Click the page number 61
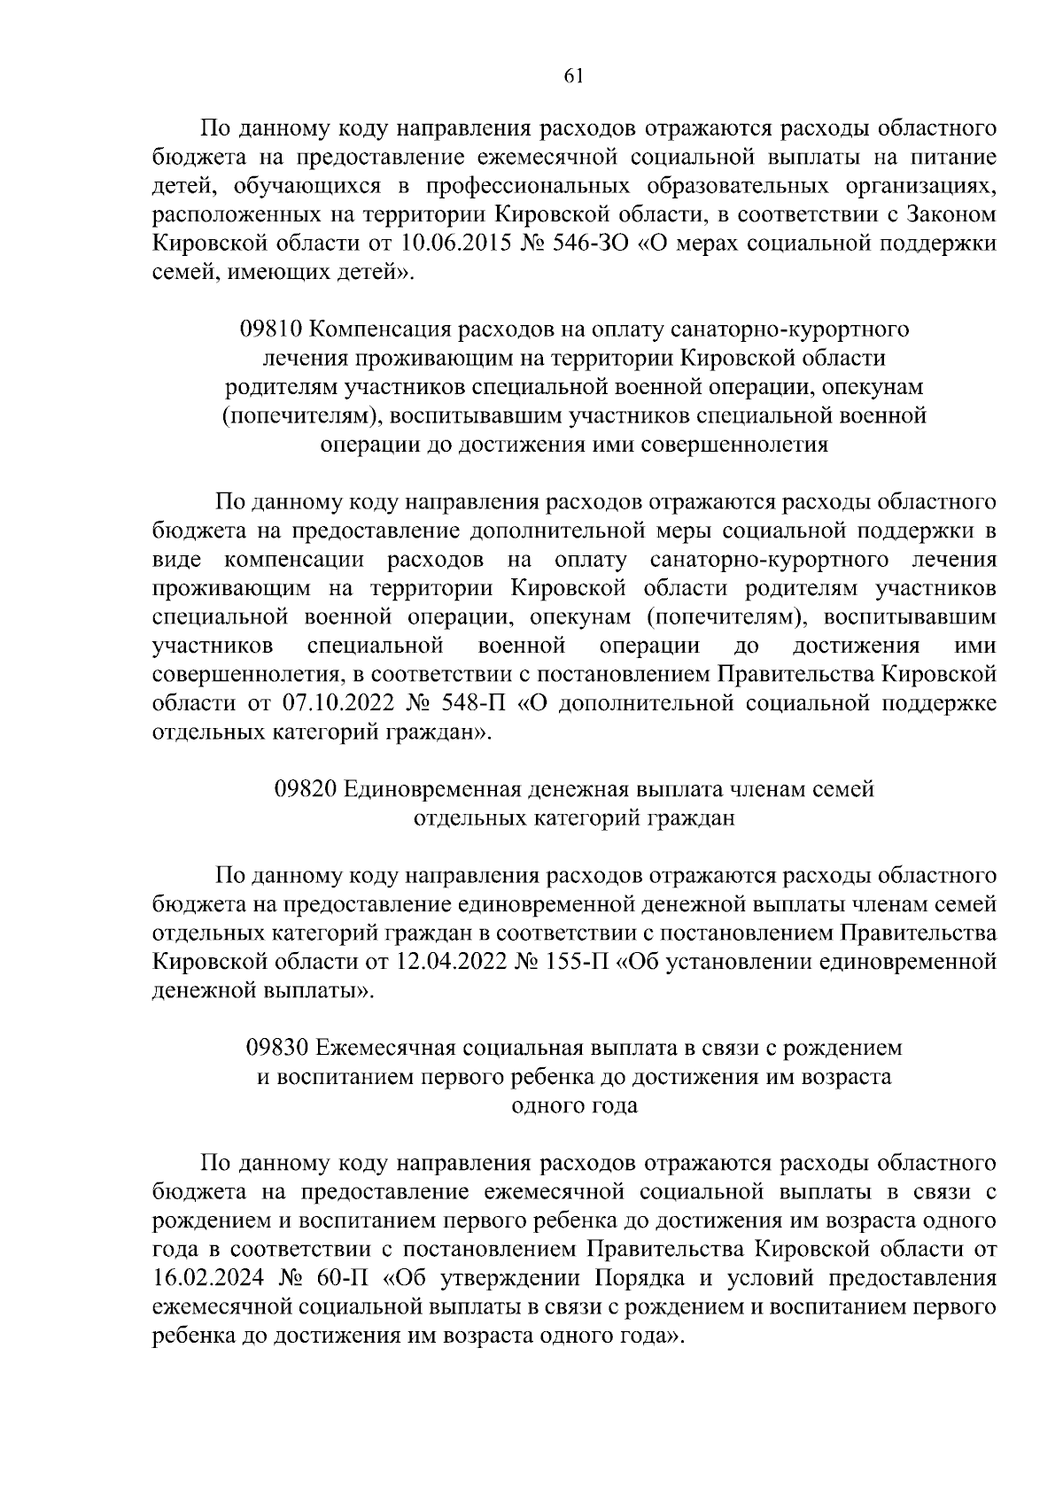pos(572,76)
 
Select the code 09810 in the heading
pos(273,329)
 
